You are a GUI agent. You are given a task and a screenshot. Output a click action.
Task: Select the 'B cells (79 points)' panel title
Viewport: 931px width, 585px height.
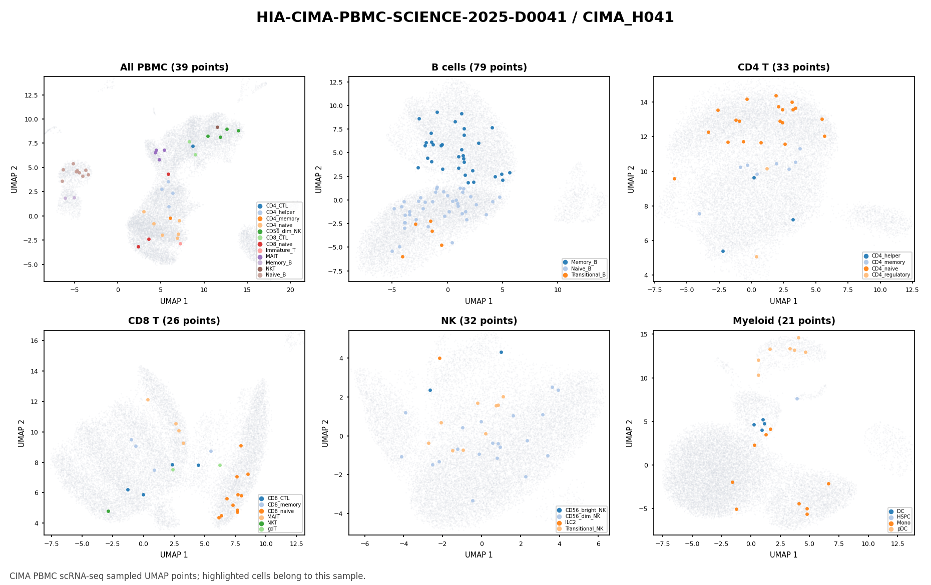479,67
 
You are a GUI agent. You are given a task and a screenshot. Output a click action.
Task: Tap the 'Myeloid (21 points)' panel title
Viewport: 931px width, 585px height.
784,321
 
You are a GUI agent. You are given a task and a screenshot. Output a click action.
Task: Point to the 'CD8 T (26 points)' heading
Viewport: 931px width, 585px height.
174,321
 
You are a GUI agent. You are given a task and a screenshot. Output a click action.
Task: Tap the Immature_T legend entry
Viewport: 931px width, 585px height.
277,250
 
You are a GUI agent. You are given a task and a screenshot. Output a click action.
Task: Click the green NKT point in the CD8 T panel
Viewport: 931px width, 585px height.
108,511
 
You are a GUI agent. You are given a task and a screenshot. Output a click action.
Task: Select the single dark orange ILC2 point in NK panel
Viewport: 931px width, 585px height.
439,358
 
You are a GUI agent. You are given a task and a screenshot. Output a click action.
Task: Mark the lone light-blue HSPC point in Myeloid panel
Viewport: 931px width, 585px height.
797,398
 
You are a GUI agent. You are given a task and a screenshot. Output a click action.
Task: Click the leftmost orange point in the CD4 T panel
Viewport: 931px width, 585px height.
674,178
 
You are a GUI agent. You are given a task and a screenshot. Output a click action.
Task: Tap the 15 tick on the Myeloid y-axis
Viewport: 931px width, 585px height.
644,334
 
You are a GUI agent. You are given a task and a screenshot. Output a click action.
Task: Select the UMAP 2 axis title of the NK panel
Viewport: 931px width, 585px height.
325,433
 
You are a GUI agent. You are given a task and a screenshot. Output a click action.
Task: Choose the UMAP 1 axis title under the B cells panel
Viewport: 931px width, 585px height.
479,301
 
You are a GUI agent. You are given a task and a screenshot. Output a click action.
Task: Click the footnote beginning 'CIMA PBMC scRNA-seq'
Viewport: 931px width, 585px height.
188,576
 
